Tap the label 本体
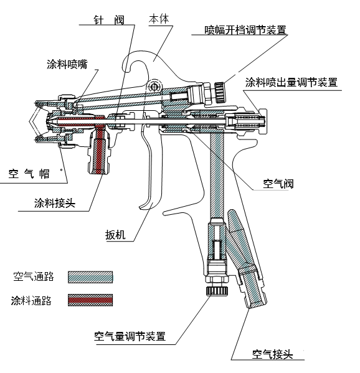click(158, 19)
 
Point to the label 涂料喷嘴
click(67, 64)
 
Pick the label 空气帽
click(31, 174)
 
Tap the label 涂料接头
click(55, 203)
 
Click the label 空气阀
click(278, 184)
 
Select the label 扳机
click(116, 235)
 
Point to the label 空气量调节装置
click(130, 336)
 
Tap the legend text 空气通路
click(32, 276)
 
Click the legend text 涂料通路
click(32, 301)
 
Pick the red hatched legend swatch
click(90, 301)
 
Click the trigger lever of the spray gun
click(149, 174)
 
